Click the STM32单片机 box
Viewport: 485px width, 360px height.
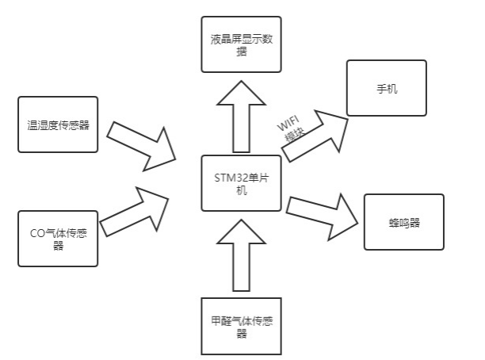241,182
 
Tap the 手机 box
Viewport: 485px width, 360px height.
387,88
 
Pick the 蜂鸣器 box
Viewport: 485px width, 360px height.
403,222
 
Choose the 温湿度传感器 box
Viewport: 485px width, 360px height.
57,124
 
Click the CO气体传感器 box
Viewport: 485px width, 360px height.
57,239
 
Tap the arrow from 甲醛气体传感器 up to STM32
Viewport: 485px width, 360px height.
241,254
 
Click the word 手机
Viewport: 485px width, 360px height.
387,88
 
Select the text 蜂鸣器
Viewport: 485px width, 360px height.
403,222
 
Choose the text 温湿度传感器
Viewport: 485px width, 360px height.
57,124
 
